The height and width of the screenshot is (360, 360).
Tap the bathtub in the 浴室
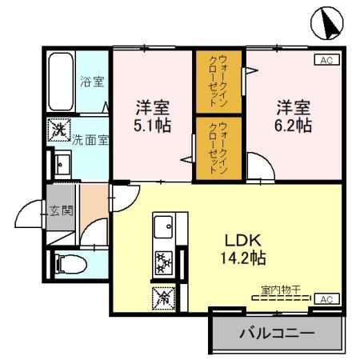(x=61, y=82)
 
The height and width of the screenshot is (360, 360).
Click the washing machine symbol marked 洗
(x=59, y=128)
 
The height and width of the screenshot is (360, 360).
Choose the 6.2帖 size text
(x=293, y=126)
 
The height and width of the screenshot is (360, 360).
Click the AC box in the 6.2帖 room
(x=326, y=60)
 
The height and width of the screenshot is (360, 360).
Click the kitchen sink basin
(x=164, y=226)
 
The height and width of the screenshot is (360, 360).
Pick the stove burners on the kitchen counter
(x=164, y=262)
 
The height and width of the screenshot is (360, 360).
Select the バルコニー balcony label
(x=276, y=332)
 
